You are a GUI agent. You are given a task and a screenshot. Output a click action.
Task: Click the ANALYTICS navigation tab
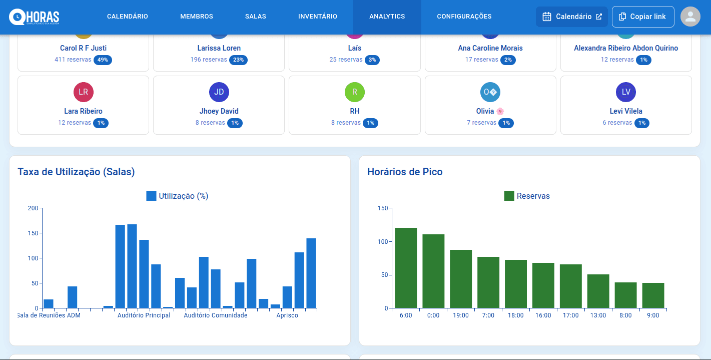tap(387, 17)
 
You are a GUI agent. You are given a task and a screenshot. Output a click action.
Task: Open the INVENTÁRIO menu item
tap(317, 17)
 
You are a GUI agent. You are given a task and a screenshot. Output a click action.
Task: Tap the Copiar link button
tap(642, 17)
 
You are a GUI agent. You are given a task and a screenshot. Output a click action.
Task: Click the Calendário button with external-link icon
tap(571, 17)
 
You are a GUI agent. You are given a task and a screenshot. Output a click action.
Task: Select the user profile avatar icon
tap(690, 17)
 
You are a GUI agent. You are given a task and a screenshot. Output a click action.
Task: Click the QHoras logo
tap(34, 17)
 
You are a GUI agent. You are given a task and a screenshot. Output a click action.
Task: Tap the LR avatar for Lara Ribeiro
tap(83, 92)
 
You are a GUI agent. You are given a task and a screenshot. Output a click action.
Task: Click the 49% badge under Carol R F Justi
tap(103, 60)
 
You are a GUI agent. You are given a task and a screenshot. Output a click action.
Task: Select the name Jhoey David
tap(219, 111)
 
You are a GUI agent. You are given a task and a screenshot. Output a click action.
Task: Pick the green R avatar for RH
tap(354, 92)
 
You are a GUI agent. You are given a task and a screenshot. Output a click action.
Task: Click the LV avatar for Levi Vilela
tap(626, 92)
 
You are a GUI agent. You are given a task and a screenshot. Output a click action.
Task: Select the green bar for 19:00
tap(461, 279)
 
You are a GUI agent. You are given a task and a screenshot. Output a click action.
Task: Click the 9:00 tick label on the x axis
tap(653, 315)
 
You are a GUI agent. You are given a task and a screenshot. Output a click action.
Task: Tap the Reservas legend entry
tap(527, 196)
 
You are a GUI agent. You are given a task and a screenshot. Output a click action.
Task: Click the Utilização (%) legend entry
tap(177, 196)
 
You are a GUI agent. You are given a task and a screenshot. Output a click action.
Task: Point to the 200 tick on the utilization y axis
tap(33, 208)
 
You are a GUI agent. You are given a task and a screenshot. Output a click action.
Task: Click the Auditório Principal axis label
tap(144, 315)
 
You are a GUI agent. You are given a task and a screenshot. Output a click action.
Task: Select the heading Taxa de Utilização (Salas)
tap(76, 172)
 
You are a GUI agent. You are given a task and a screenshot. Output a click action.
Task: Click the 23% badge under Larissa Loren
tap(238, 60)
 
